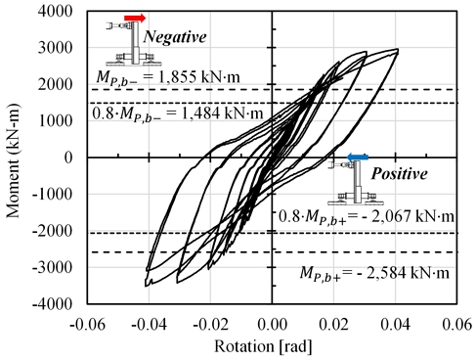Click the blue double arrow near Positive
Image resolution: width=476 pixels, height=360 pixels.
tap(358, 157)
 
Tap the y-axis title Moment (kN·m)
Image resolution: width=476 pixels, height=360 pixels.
tap(14, 157)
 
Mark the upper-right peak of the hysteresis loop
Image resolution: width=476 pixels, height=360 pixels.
tap(396, 50)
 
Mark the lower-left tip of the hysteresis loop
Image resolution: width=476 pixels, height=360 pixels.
tap(148, 285)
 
